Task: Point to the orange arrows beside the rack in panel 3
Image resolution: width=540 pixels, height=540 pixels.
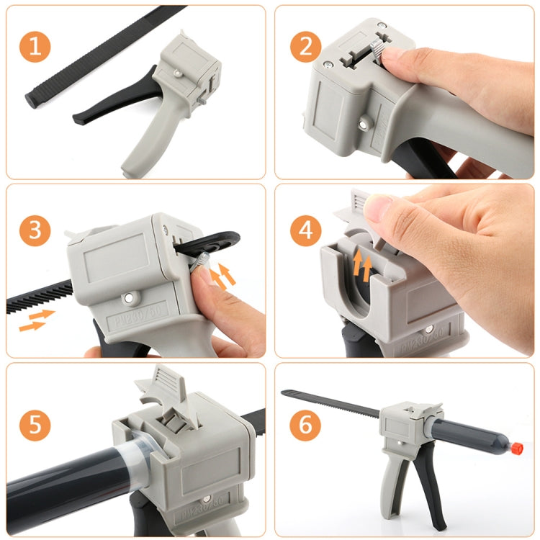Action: coord(36,320)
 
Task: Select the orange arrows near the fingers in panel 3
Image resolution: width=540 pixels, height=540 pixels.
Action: coord(225,276)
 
